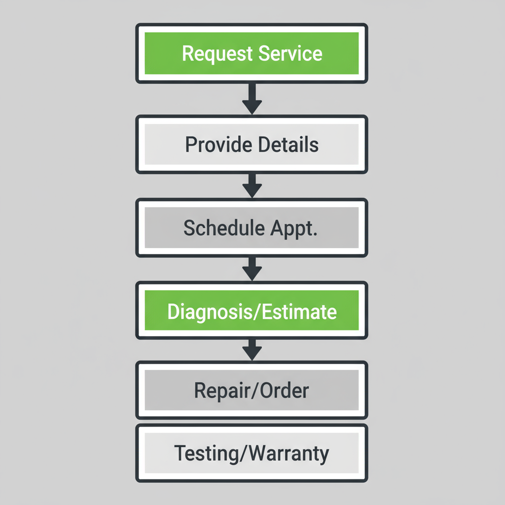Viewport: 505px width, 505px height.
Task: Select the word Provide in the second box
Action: (215, 144)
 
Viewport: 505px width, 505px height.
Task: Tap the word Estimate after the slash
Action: (297, 312)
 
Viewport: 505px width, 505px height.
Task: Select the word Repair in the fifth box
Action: (219, 391)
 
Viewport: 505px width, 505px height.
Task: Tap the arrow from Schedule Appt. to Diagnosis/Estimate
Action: (252, 269)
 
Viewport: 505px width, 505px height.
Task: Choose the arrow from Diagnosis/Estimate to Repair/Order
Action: (252, 350)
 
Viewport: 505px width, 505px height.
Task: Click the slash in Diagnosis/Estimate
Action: (255, 312)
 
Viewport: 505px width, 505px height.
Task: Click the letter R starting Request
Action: (187, 53)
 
